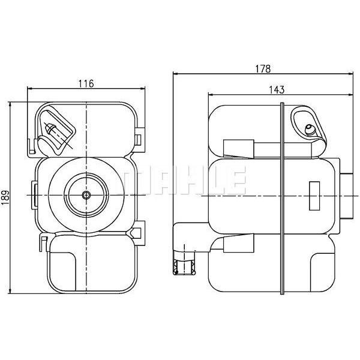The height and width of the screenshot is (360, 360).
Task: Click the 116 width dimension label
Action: [86, 84]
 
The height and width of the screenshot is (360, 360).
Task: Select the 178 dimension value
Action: [263, 68]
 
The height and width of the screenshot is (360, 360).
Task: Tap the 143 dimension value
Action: [277, 90]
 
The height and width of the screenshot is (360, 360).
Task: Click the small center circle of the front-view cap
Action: [86, 195]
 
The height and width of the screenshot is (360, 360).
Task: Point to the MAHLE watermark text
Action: [181, 180]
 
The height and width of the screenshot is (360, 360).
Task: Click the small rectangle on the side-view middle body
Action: [314, 196]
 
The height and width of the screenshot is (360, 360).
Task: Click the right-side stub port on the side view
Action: [346, 196]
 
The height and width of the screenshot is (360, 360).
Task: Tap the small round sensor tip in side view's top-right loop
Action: [310, 129]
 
